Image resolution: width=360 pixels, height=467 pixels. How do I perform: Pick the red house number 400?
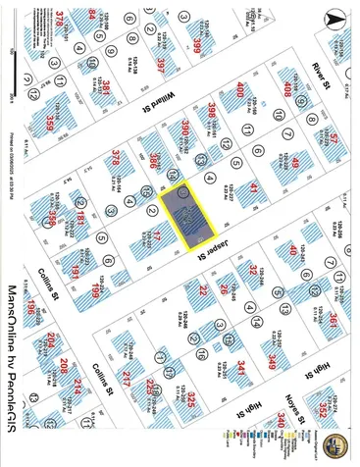coord(238,91)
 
